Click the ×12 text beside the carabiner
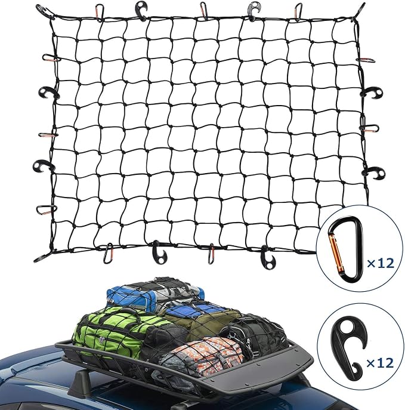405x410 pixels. click(380, 263)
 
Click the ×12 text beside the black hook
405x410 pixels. click(380, 363)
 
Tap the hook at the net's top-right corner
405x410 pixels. click(361, 11)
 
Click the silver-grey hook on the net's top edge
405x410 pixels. click(253, 10)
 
